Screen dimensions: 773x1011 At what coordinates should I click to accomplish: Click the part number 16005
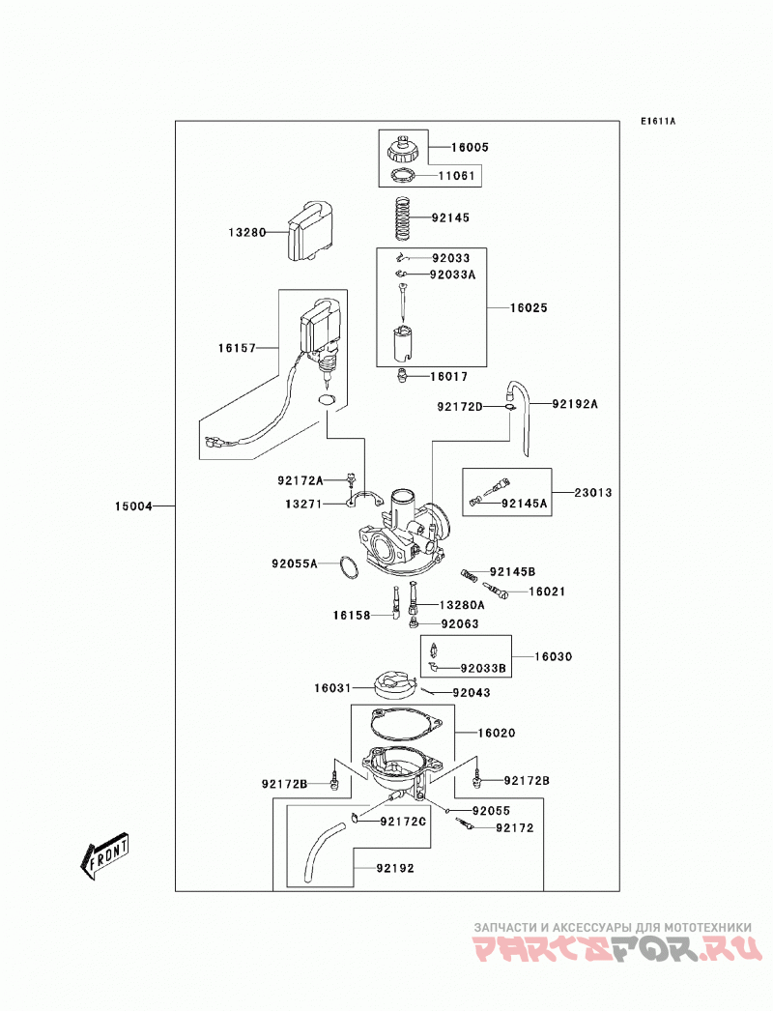click(x=470, y=147)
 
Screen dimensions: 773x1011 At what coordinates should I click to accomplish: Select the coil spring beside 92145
click(x=402, y=217)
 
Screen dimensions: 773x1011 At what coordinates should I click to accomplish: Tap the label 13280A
click(x=462, y=605)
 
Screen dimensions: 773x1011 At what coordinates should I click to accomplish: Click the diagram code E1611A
click(x=658, y=121)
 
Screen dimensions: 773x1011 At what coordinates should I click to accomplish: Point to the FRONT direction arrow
click(x=104, y=855)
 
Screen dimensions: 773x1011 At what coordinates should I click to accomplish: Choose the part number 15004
click(x=133, y=506)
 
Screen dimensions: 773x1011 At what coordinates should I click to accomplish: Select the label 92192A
click(x=575, y=404)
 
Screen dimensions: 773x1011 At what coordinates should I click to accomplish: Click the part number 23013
click(x=593, y=493)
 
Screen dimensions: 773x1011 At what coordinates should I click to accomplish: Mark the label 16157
click(x=237, y=348)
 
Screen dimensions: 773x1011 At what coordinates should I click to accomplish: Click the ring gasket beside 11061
click(x=402, y=175)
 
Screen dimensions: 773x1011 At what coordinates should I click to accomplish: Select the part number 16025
click(x=529, y=307)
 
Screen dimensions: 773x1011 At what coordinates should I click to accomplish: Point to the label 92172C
click(x=403, y=822)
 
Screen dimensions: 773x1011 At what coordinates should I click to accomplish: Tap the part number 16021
click(x=547, y=592)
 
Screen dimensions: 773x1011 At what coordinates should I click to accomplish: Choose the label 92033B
click(x=483, y=669)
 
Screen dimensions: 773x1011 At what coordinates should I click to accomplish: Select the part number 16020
click(x=497, y=733)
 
